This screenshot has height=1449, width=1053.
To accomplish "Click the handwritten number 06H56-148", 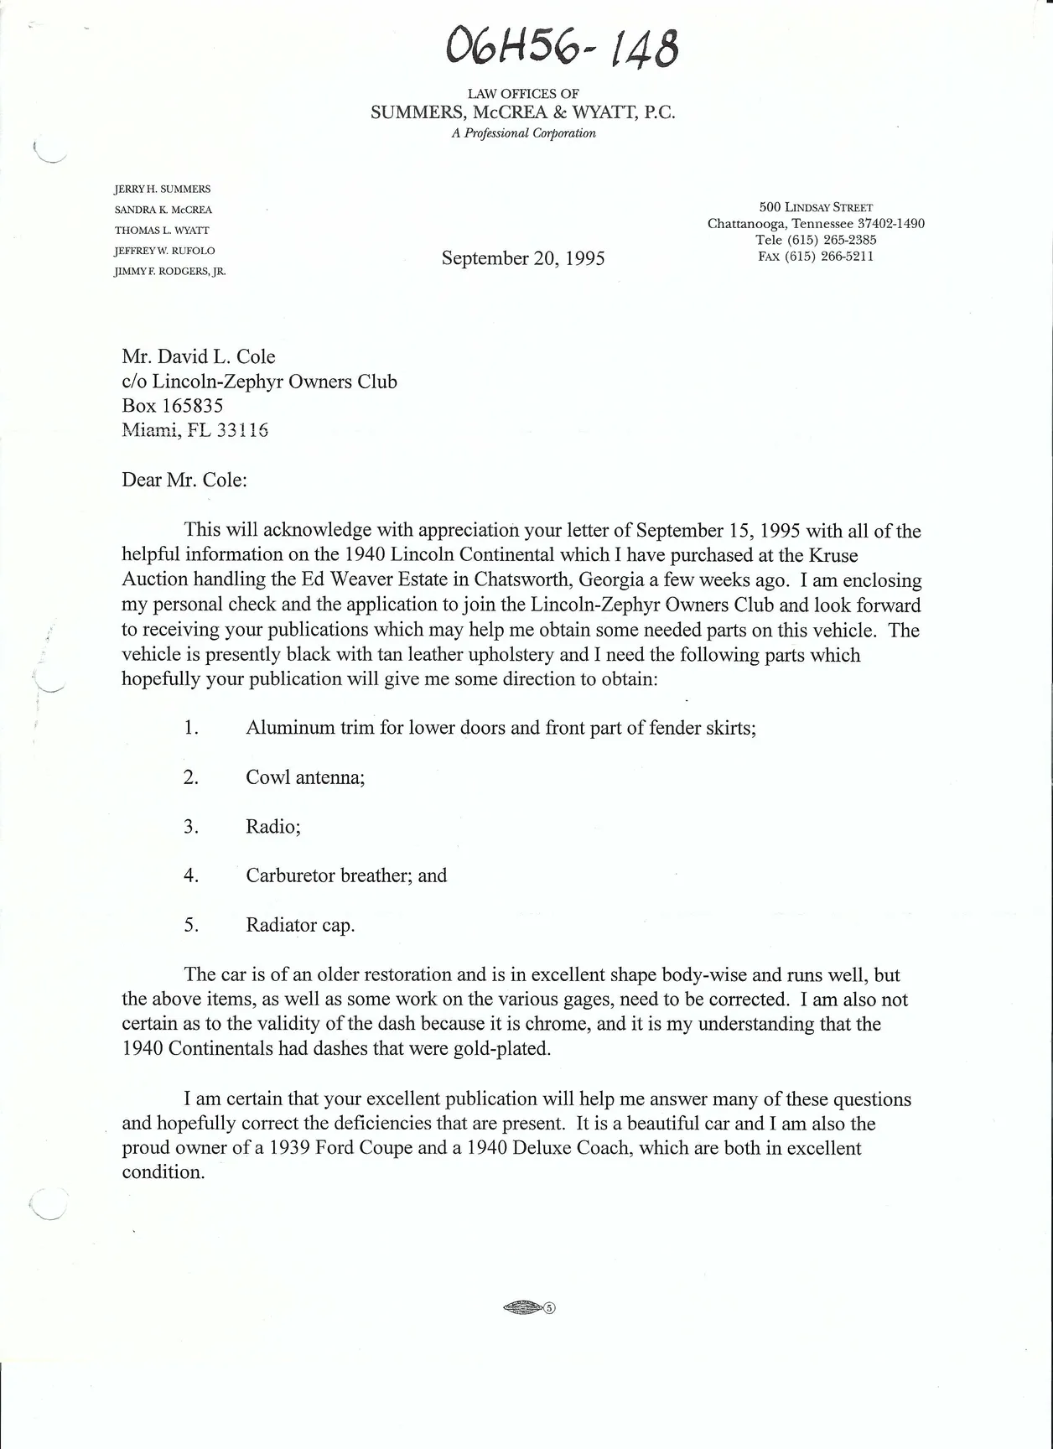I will [563, 45].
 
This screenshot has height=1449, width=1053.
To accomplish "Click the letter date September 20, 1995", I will [523, 258].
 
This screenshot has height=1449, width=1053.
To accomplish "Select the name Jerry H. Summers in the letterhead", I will [163, 190].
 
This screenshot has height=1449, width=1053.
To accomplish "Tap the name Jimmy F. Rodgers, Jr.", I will [170, 272].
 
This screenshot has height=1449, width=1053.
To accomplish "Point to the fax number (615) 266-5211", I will [816, 257].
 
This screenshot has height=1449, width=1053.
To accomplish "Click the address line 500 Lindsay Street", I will [816, 207].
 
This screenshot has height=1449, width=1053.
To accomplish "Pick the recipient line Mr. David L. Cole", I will [199, 357].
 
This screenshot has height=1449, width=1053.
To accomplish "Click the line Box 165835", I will [173, 406].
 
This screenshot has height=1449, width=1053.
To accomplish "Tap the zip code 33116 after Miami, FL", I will [242, 430].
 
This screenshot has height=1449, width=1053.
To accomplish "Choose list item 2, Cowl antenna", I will [305, 777].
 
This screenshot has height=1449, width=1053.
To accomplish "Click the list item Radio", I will [273, 827].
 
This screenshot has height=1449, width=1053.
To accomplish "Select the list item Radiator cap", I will [300, 926].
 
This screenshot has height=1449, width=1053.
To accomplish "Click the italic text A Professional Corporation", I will [523, 133].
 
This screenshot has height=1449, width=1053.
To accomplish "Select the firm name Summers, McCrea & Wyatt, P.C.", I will [523, 113].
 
